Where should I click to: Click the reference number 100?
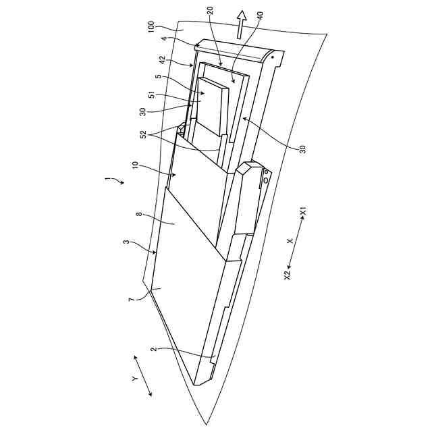[151, 27]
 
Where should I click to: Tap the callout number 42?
[163, 59]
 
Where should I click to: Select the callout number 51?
[151, 95]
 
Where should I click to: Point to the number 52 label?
[143, 134]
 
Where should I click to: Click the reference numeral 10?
[135, 165]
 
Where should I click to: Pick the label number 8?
[140, 214]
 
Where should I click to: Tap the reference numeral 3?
[126, 242]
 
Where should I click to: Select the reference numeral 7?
[132, 299]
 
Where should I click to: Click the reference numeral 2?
[154, 349]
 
